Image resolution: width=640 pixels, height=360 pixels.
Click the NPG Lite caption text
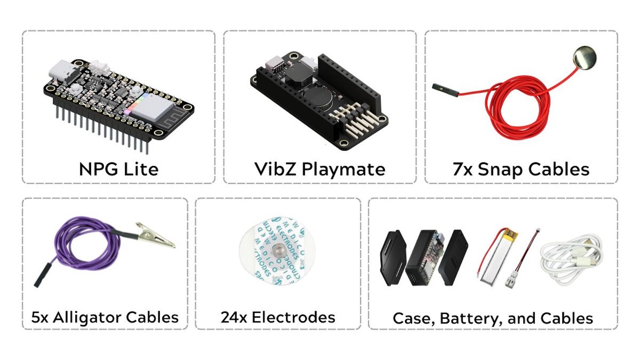[x=118, y=169]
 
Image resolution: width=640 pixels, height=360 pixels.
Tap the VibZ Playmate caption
[x=320, y=169]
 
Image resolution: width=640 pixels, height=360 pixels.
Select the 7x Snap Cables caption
[x=521, y=169]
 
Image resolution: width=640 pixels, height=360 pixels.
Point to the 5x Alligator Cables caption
[x=105, y=317]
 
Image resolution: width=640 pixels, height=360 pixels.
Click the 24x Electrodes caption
[x=278, y=317]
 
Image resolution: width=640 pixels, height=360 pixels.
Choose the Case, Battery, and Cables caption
[x=493, y=318]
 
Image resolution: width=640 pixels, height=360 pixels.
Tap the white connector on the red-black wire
[x=510, y=280]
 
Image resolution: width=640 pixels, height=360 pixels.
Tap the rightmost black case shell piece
[x=453, y=256]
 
